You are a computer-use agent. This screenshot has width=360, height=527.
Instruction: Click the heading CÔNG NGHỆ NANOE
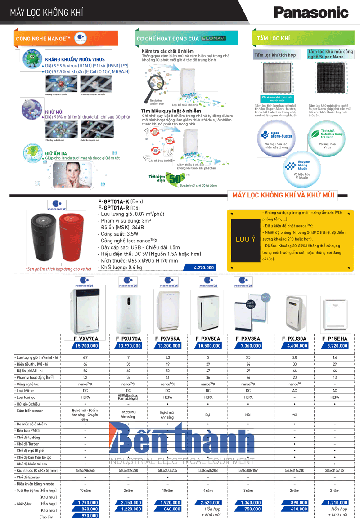coord(43,39)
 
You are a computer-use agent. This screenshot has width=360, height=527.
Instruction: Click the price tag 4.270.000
coord(199,268)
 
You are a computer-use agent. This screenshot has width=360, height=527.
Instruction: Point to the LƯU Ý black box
coord(245,240)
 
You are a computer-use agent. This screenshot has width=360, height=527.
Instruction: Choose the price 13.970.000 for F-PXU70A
coord(129,346)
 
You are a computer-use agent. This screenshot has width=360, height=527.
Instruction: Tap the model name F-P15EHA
coord(334,338)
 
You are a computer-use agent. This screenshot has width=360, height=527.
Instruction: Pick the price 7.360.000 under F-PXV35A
coord(247,346)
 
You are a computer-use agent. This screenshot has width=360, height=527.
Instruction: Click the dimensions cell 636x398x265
coord(85,470)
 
